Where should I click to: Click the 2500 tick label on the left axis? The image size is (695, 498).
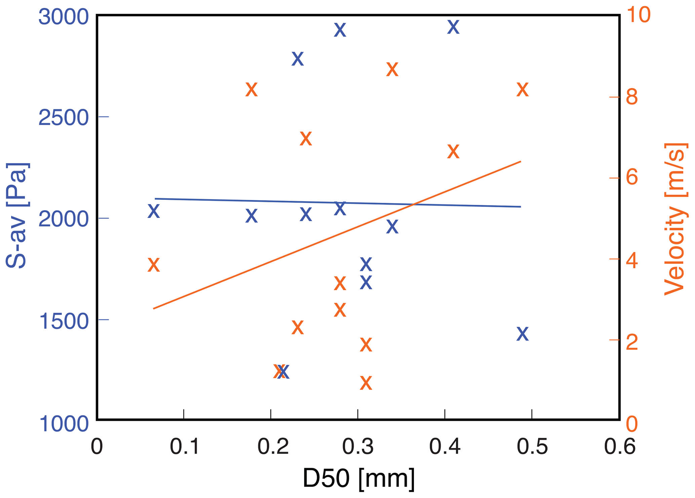[x=64, y=118]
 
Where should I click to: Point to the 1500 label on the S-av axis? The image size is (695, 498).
[x=64, y=322]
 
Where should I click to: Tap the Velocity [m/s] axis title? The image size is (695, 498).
[x=675, y=219]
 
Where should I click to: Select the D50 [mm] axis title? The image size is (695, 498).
[x=358, y=478]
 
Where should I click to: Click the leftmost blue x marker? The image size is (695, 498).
[x=154, y=212]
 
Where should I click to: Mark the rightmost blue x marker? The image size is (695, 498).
[x=522, y=334]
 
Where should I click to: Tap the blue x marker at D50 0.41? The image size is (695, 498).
[x=453, y=27]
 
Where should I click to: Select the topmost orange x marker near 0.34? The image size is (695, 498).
[x=392, y=70]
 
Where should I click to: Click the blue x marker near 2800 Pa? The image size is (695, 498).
[x=298, y=59]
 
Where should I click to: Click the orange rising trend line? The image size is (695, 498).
[x=336, y=235]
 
